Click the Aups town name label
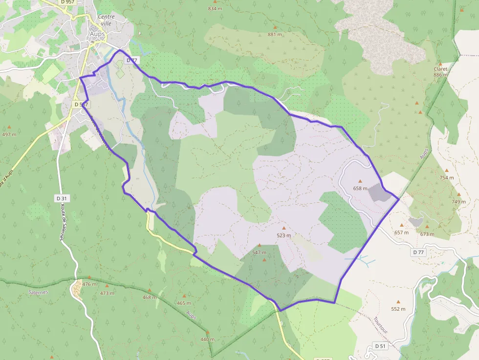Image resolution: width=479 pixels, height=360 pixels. coord(98,34)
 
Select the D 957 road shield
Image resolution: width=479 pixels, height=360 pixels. coord(69,2)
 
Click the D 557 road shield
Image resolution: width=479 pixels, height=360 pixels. coord(81,105)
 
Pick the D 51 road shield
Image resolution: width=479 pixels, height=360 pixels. coord(381,346)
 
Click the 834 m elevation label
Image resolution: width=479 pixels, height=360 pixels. coord(215,8)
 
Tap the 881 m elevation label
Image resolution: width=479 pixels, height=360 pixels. coord(275,34)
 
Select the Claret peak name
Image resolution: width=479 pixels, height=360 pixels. coord(440,69)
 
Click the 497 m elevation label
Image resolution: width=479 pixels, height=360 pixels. coord(9,134)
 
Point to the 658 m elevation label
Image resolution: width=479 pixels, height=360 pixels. coord(360,188)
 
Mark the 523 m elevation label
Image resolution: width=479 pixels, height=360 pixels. coord(283,235)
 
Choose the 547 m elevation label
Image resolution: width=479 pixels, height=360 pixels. coord(259,253)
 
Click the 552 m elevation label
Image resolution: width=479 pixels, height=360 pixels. coord(398,309)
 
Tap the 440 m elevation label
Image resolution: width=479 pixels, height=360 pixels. coord(207,339)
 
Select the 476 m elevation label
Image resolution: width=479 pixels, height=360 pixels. coord(89,284)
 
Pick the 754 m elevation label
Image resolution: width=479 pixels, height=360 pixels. coord(446,178)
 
